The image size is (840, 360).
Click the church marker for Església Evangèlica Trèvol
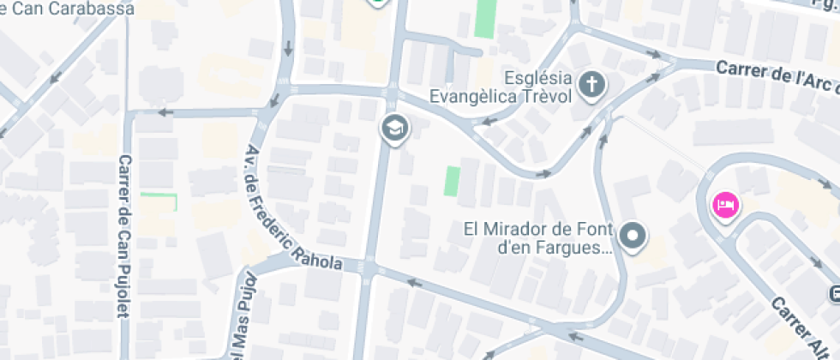pos(591,85)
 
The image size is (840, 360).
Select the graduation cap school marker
pos(395,129)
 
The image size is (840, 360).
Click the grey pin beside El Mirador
pos(633,234)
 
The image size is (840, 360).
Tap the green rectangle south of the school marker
pos(451,181)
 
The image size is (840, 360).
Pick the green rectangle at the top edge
pos(485,17)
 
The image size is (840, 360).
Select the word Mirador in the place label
pos(516,229)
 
